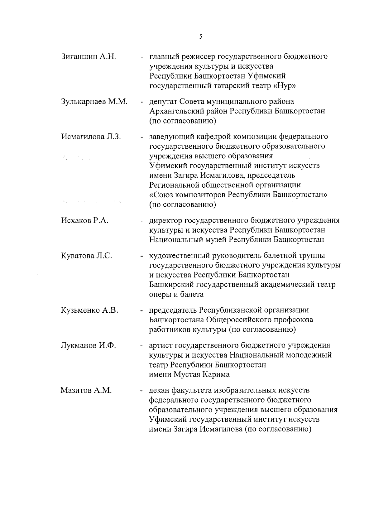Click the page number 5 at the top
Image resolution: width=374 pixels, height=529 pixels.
pos(200,37)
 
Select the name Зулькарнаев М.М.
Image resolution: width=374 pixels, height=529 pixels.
pos(94,101)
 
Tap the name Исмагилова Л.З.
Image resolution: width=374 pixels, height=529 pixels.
pos(91,137)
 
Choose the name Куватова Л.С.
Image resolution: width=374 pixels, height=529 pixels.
pos(87,256)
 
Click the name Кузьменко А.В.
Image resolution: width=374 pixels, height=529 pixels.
pos(89,310)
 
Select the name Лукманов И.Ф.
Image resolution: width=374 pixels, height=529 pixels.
pos(88,345)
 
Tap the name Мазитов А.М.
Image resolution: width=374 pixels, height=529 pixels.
pos(86,390)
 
